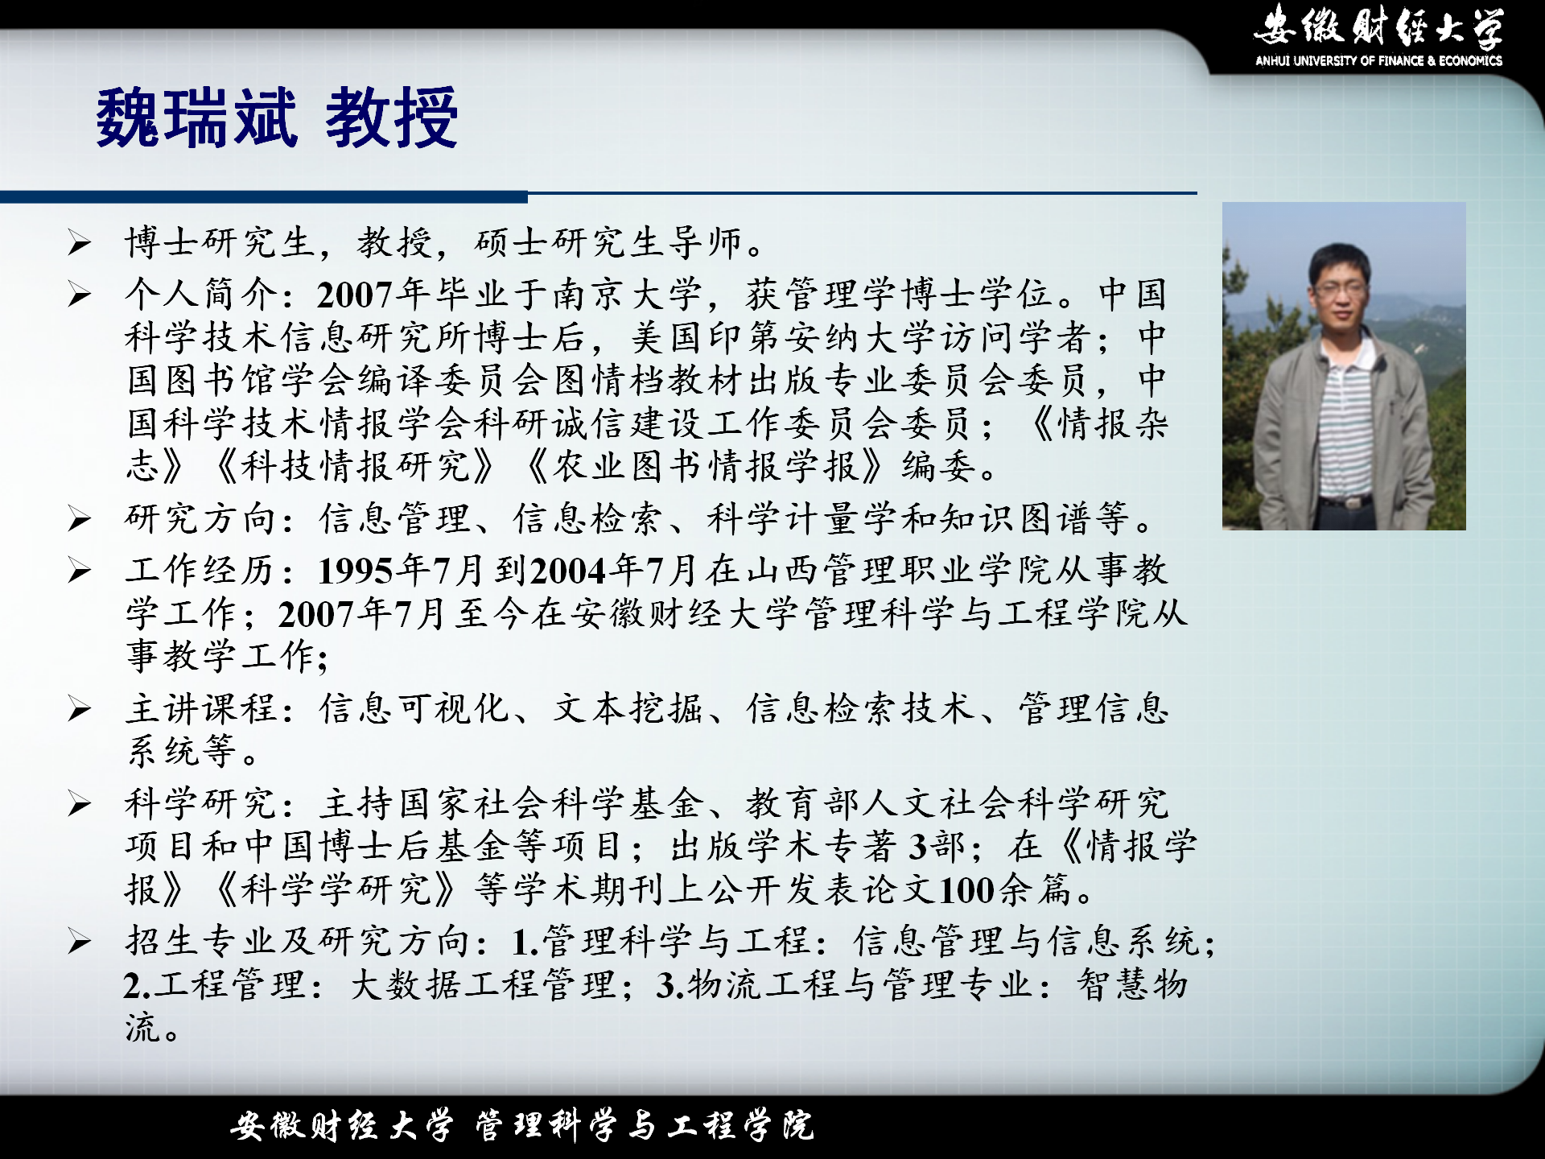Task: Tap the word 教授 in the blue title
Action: pos(392,118)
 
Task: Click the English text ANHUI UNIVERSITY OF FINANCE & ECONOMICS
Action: pos(1378,60)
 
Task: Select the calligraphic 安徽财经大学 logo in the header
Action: pos(1378,26)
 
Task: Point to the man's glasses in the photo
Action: pos(1340,287)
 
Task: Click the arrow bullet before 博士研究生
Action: pos(79,242)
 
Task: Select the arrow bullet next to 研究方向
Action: pos(79,519)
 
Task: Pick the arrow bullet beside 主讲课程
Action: pos(79,709)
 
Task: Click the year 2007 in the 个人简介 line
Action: pos(354,295)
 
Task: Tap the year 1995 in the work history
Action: pos(355,571)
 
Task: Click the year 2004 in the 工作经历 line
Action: pos(568,571)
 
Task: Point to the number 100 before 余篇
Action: pos(967,890)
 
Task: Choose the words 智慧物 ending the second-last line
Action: pos(1133,984)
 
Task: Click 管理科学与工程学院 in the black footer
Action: pos(645,1125)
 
